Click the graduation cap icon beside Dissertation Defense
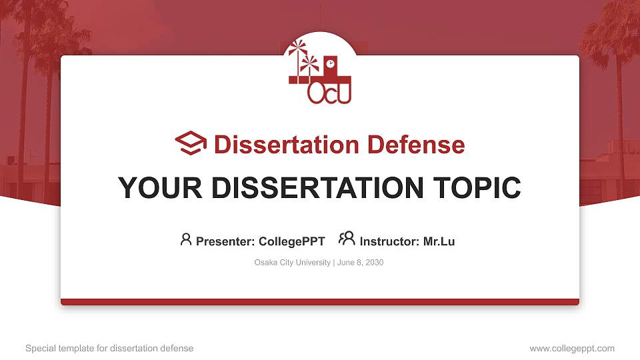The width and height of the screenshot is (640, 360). click(x=191, y=143)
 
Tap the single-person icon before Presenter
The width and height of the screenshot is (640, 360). click(x=186, y=239)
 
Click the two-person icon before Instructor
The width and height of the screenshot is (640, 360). click(x=347, y=239)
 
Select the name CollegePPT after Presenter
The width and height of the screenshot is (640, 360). click(x=291, y=241)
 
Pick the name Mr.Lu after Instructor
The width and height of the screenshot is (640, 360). click(x=439, y=241)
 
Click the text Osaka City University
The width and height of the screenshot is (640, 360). click(x=292, y=263)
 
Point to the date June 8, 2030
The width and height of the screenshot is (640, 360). click(x=360, y=263)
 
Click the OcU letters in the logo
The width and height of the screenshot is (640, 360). click(x=329, y=93)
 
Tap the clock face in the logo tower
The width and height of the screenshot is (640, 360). click(x=330, y=63)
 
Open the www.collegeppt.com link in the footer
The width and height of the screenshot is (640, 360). click(x=571, y=348)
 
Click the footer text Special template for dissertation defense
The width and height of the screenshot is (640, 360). click(x=109, y=348)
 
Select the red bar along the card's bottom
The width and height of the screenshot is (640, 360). click(x=320, y=302)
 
